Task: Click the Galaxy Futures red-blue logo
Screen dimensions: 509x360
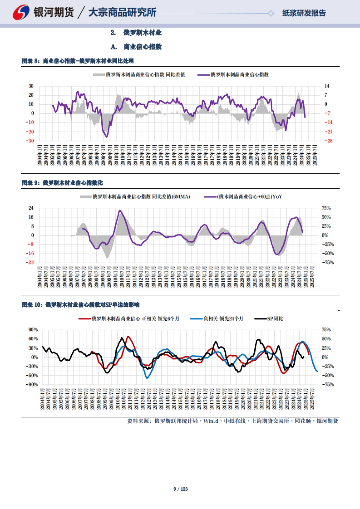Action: pos(21,12)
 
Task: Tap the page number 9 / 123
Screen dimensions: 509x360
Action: pos(180,489)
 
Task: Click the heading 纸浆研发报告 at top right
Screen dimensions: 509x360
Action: pos(304,13)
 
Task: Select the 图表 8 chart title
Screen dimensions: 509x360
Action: pos(78,61)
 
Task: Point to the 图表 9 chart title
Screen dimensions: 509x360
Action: pos(62,183)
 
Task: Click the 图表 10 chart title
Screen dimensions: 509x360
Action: pos(80,305)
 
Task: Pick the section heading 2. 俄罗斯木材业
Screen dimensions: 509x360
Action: pos(136,33)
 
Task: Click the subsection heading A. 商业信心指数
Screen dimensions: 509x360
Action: pos(136,47)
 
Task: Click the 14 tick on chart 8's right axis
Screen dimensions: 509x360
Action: pos(327,86)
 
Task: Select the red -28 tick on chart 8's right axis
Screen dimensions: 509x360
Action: pos(328,141)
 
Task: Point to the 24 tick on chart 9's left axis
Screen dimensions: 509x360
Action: pos(31,208)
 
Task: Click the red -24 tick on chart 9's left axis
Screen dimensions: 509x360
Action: pos(30,262)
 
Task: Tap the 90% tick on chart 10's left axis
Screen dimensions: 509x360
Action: pos(33,330)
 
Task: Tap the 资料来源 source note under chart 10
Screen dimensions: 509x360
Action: pos(232,421)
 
